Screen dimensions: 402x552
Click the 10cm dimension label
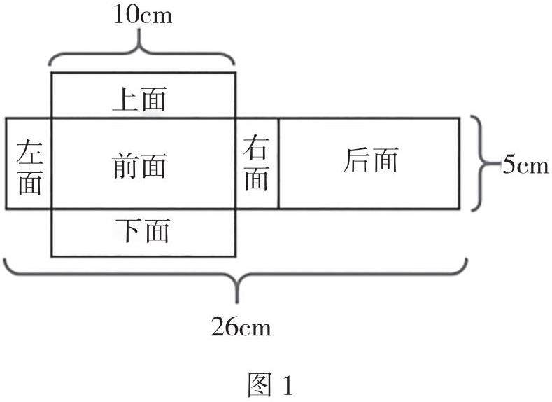[143, 15]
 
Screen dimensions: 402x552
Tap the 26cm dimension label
[241, 326]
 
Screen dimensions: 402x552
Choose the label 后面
[371, 161]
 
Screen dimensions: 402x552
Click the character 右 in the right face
[257, 148]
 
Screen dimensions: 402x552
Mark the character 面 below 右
[257, 180]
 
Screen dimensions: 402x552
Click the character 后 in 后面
[357, 161]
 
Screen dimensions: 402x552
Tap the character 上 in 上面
[126, 100]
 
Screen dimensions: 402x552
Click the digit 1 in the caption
[287, 385]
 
